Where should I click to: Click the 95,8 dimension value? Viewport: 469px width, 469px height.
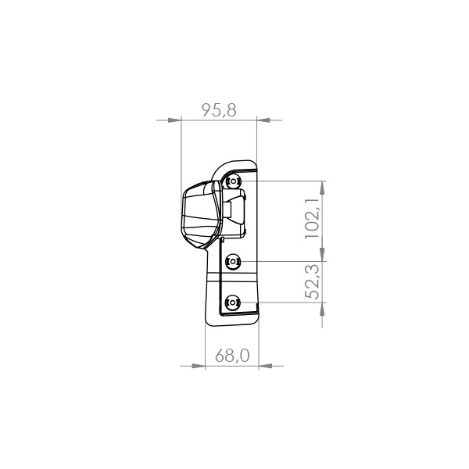[219, 110]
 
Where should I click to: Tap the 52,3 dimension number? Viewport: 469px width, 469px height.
[313, 281]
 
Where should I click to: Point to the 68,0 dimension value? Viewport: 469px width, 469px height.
[232, 356]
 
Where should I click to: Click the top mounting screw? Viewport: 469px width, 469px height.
[233, 181]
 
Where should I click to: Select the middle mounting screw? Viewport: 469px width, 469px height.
[233, 262]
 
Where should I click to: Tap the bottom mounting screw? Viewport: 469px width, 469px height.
[232, 303]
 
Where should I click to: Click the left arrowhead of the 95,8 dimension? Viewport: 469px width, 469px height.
[174, 120]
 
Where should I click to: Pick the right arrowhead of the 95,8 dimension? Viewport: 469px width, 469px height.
[263, 120]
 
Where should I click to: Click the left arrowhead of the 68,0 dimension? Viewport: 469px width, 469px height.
[199, 366]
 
